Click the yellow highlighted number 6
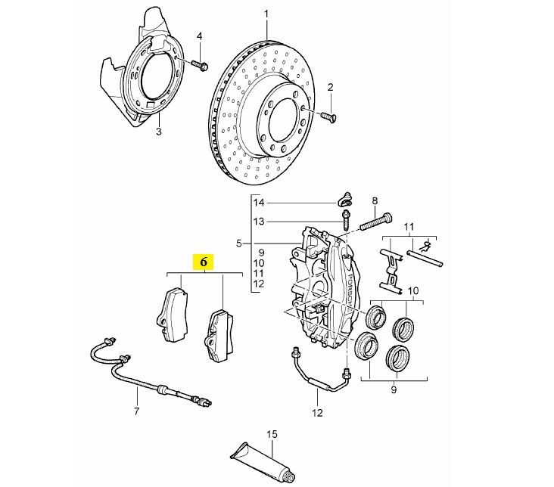pos(203,262)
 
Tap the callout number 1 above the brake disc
pos(266,14)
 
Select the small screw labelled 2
pos(328,116)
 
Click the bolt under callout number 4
pos(200,65)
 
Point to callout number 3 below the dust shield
pos(159,132)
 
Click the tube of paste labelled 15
pos(262,461)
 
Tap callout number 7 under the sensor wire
pos(137,411)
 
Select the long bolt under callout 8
pos(375,222)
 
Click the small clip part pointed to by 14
pos(345,200)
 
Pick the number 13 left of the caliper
pos(259,222)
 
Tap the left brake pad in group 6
pos(172,314)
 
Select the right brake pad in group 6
pos(219,336)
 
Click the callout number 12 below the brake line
pos(317,412)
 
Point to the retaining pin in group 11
pos(425,258)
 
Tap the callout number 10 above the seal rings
pos(412,290)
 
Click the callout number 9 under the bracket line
pos(394,390)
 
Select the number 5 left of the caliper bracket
pos(239,243)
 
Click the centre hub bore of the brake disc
pos(282,120)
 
